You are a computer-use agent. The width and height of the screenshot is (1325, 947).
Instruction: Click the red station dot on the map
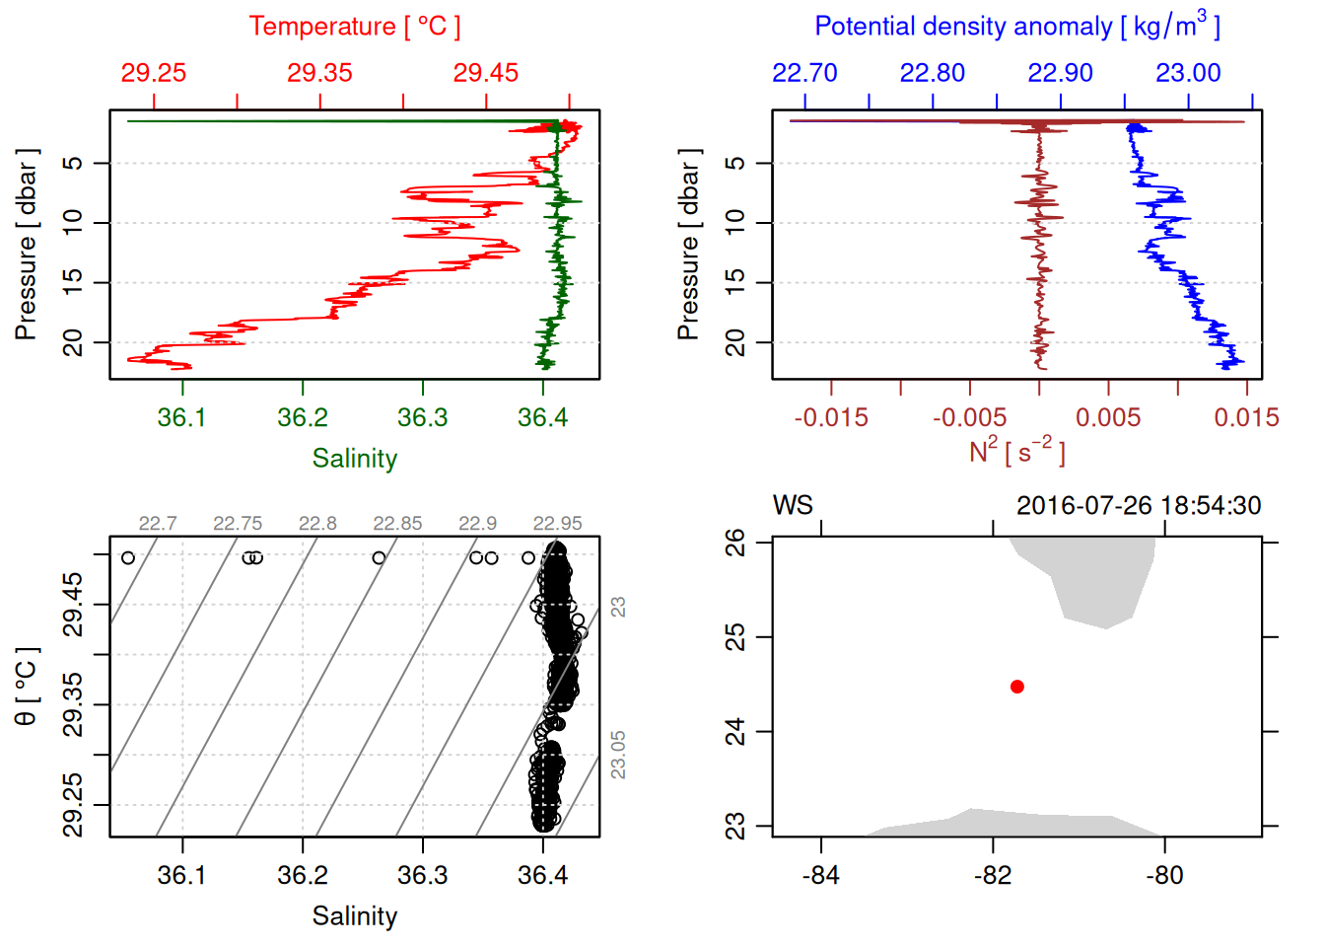click(1016, 687)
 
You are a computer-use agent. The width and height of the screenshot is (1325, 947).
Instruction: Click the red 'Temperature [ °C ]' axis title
click(354, 27)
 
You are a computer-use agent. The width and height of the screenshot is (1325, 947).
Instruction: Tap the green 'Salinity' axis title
click(354, 459)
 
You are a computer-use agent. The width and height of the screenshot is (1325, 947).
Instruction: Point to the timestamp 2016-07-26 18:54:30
click(1139, 506)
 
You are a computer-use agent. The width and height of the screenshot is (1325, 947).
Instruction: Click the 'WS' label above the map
click(793, 506)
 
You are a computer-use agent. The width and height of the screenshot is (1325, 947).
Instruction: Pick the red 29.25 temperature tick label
click(154, 73)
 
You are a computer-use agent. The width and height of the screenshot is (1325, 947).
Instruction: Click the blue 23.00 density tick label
click(1188, 73)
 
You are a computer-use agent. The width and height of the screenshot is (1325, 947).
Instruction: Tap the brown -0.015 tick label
click(831, 418)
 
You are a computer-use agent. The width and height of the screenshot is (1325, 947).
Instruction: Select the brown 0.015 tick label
click(1246, 418)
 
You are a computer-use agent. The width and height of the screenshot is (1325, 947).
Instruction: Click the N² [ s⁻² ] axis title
click(1016, 452)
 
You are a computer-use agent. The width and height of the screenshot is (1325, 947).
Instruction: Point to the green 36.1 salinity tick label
click(182, 418)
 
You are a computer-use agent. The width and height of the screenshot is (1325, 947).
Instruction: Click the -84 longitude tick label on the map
click(820, 876)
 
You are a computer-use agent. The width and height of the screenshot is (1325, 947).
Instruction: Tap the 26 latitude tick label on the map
click(735, 542)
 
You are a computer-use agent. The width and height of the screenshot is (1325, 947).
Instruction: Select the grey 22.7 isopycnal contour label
click(158, 524)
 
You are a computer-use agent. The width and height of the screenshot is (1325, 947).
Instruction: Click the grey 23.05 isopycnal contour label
click(618, 755)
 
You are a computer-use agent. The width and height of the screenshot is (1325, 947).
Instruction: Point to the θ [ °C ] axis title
click(27, 687)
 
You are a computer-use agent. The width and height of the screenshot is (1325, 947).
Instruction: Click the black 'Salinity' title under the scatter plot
click(354, 916)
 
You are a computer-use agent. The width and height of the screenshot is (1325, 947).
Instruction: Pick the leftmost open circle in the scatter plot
click(128, 558)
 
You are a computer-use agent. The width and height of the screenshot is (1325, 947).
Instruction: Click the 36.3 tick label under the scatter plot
click(423, 876)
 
